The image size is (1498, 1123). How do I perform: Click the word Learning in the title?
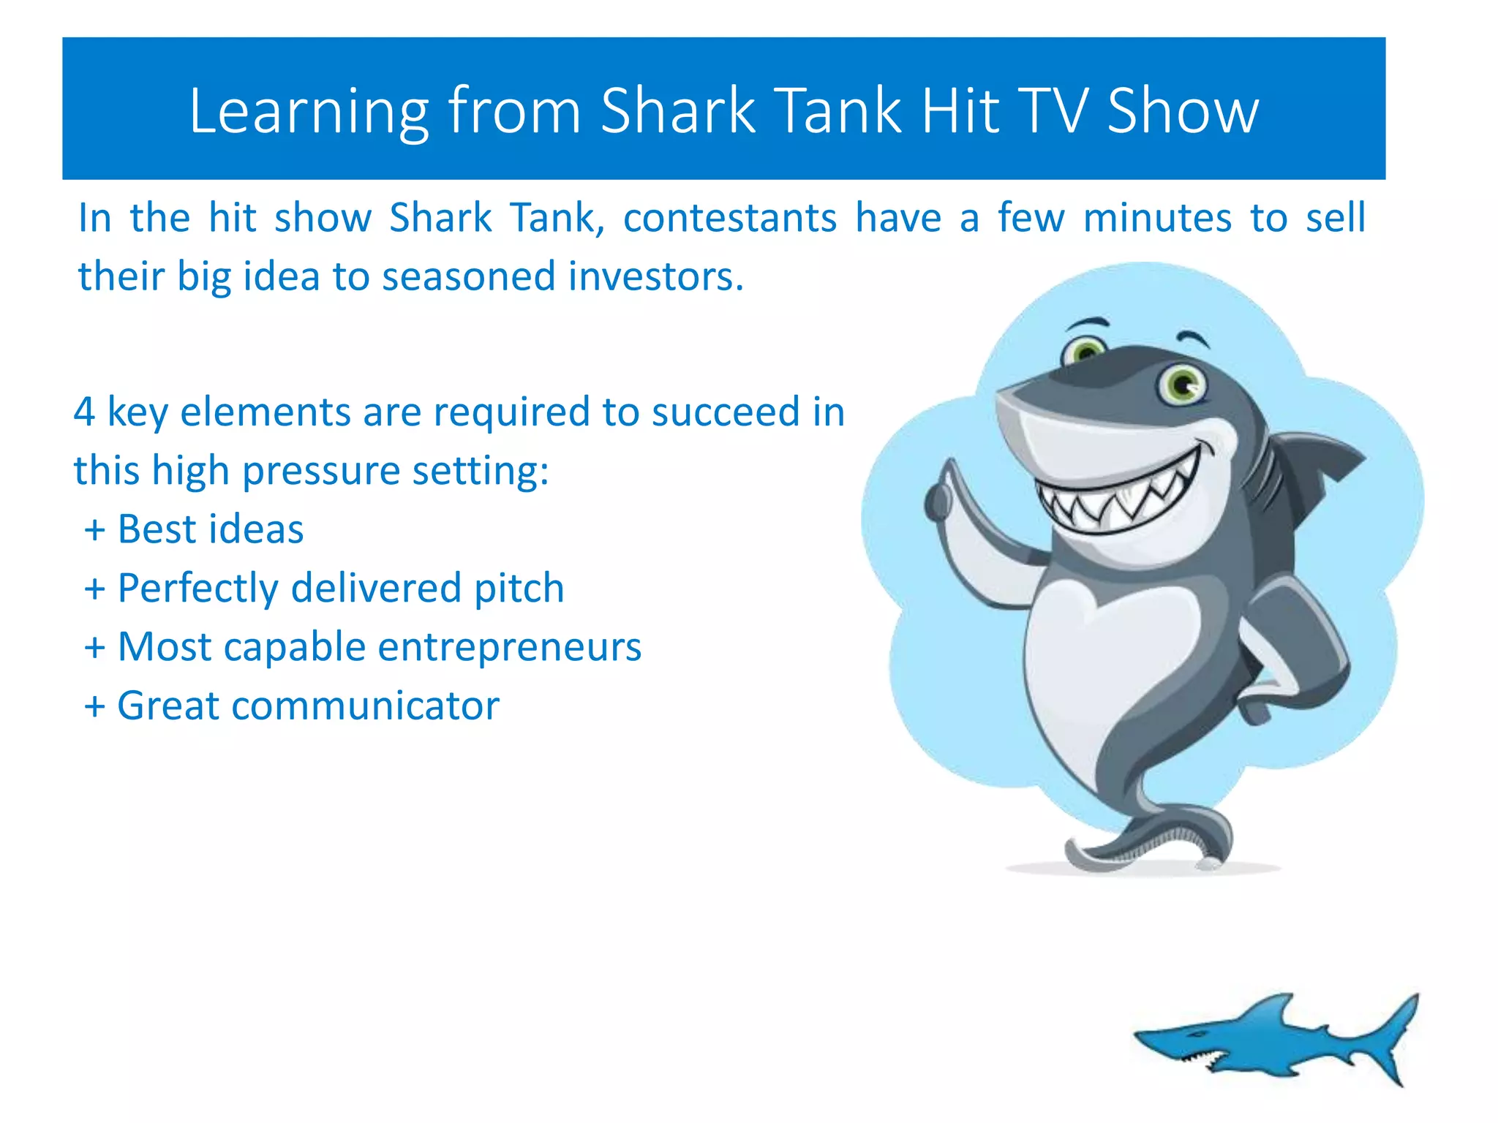click(308, 111)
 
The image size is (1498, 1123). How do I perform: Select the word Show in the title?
click(1183, 111)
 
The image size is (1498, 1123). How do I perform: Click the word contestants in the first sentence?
click(729, 218)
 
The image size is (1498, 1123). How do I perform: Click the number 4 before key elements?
click(84, 412)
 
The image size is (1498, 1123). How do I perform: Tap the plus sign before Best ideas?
click(94, 529)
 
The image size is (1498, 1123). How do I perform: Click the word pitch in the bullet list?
click(519, 588)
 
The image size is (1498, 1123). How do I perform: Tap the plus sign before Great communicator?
click(94, 706)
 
